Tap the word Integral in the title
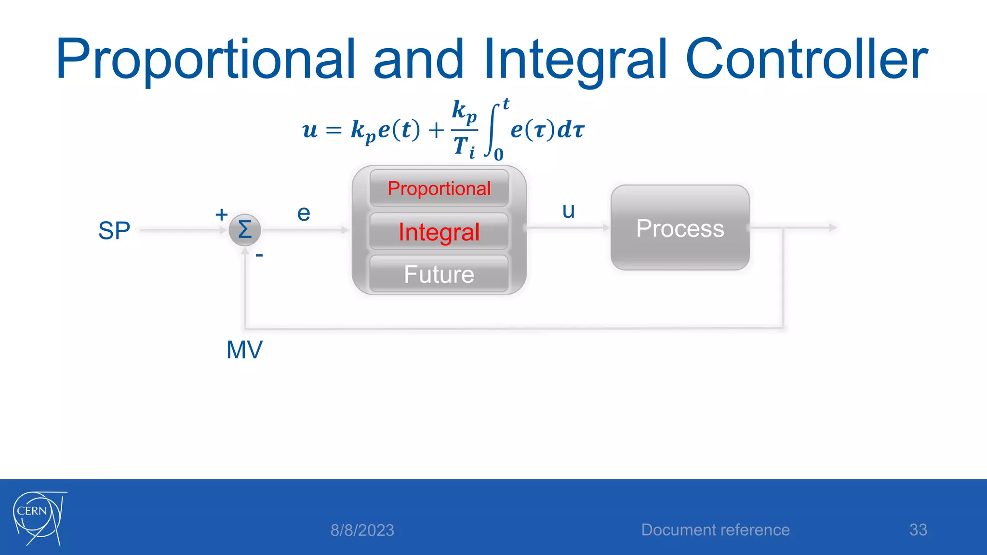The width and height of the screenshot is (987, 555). (576, 60)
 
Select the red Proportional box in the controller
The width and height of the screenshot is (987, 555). (439, 188)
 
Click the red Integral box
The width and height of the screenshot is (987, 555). (439, 232)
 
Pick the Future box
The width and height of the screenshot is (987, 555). (439, 274)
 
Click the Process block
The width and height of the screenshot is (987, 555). (680, 228)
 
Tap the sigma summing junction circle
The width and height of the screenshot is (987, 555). (245, 230)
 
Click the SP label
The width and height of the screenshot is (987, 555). (114, 231)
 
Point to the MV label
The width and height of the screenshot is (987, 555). (244, 350)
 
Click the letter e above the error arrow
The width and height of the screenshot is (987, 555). (304, 213)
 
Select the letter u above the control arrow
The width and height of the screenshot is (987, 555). (569, 211)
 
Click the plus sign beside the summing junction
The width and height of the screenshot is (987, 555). (221, 214)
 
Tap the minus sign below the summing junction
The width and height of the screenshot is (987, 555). (259, 255)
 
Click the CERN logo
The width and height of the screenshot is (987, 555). (39, 518)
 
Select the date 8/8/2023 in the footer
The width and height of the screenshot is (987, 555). (362, 530)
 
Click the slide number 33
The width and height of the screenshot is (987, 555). (918, 530)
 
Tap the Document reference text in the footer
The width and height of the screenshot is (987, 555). (715, 530)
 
